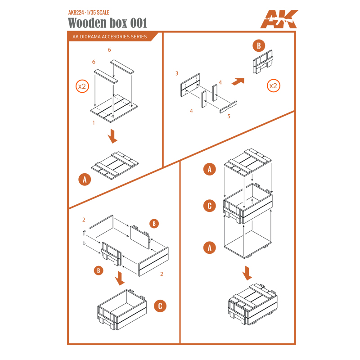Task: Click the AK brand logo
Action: tap(279, 19)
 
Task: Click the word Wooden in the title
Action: tap(87, 23)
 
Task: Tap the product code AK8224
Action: tap(76, 13)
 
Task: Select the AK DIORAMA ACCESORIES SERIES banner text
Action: tap(109, 37)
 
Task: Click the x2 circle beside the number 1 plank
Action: tap(82, 86)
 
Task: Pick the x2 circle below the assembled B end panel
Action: tap(274, 85)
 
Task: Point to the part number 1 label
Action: tap(94, 123)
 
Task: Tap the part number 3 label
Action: tap(177, 73)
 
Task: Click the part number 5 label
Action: tap(229, 117)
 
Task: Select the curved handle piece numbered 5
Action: tap(229, 107)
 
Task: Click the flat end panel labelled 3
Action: tap(190, 85)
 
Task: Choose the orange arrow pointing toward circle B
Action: tap(238, 81)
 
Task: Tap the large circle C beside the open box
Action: tap(160, 306)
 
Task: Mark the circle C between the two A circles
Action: tap(209, 206)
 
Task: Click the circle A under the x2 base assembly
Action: tap(85, 180)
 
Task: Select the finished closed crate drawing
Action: tap(253, 305)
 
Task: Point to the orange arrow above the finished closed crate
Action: tap(247, 273)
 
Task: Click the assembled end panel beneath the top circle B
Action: tap(263, 62)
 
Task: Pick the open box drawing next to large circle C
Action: tap(122, 310)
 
